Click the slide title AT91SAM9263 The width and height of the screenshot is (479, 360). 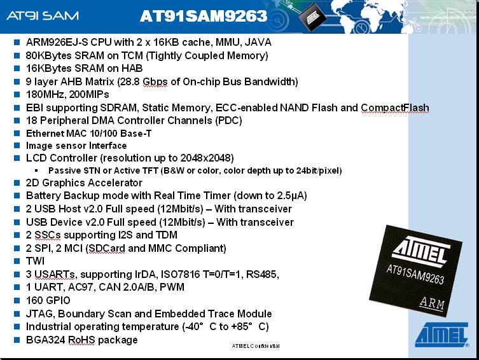[x=204, y=16]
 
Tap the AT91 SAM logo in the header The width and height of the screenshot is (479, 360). [x=43, y=15]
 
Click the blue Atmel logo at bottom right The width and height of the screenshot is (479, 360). [x=441, y=335]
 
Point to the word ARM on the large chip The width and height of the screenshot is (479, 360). [x=432, y=303]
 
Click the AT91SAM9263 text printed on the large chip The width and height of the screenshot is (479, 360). [x=415, y=275]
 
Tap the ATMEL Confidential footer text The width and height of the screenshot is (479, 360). [x=256, y=346]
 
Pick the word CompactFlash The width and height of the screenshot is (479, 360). [x=394, y=107]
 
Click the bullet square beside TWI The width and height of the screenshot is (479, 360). [x=17, y=261]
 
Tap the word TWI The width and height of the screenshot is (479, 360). [x=35, y=261]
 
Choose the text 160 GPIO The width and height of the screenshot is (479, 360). [x=48, y=300]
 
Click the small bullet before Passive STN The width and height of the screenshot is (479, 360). [x=37, y=170]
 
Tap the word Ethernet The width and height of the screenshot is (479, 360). [x=45, y=134]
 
